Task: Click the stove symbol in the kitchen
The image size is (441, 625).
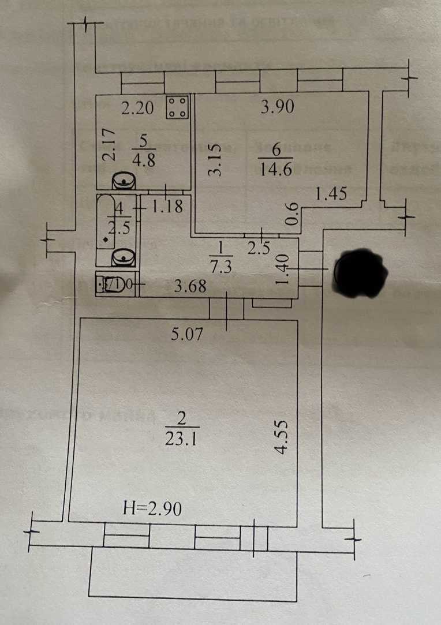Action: tap(177, 107)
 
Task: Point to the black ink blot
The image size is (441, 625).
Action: tap(361, 274)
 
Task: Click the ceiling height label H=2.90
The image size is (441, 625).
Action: tap(153, 509)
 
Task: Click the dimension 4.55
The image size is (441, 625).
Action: tap(282, 437)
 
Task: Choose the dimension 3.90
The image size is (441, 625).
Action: tap(278, 107)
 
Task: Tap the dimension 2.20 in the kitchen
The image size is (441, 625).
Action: tap(137, 107)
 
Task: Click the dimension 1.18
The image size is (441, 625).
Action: tap(167, 205)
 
